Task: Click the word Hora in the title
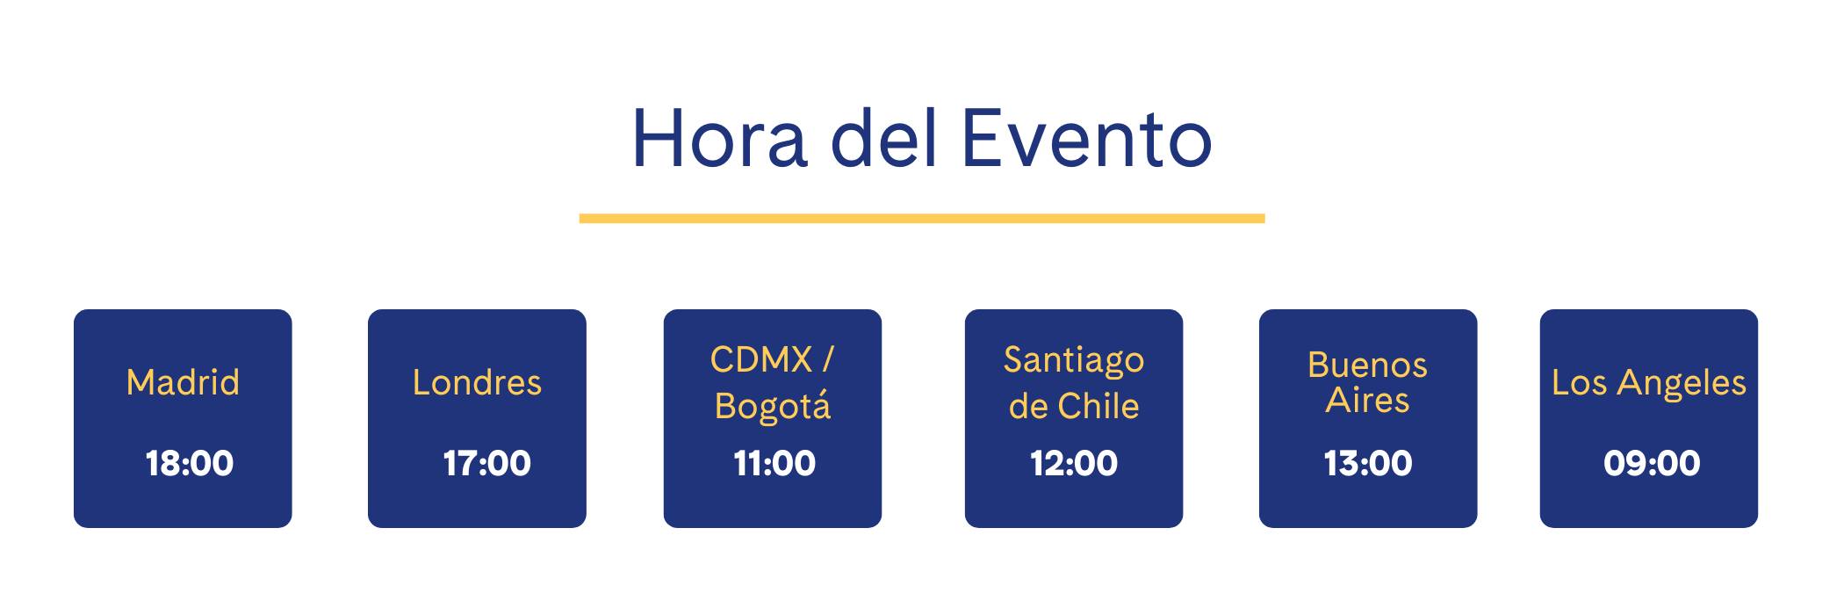point(719,138)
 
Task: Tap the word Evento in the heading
point(1087,138)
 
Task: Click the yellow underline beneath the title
point(922,218)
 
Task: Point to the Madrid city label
point(183,382)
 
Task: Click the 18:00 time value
point(190,463)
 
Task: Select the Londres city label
point(477,382)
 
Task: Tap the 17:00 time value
point(486,463)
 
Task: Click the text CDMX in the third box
point(761,359)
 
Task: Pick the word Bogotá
point(773,406)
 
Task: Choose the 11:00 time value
point(774,463)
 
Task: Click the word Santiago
point(1074,361)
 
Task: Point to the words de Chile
point(1074,406)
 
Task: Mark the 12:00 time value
point(1074,463)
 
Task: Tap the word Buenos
point(1367,365)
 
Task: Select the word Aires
point(1367,401)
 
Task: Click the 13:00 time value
point(1368,463)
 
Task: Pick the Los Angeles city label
point(1649,383)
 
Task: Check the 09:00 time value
point(1652,463)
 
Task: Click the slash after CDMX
point(827,359)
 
